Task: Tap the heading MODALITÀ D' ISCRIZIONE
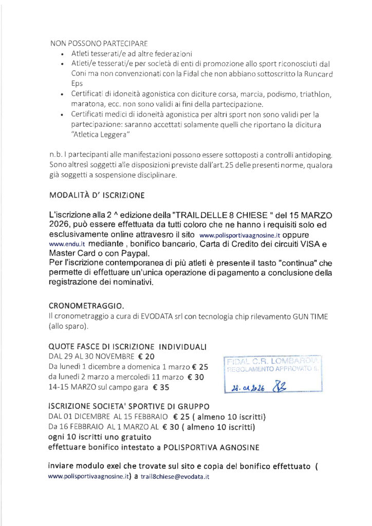pyautogui.click(x=98, y=196)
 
